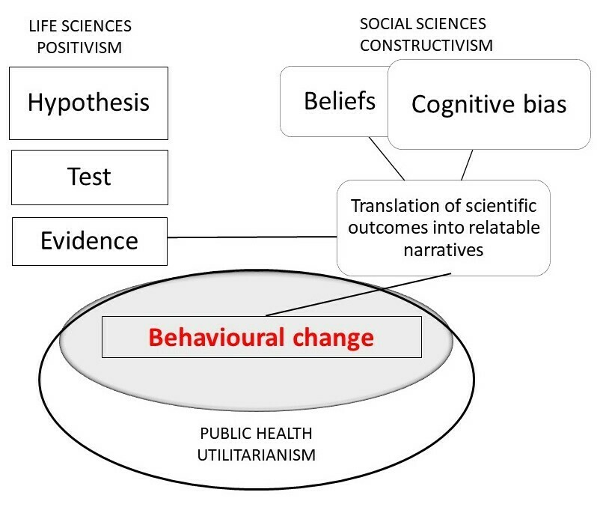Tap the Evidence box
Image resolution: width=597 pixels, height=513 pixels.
(88, 240)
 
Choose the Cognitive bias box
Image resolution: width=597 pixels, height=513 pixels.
(489, 104)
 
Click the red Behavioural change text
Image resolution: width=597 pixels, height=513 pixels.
(260, 337)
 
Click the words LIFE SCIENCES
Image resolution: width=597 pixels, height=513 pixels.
(80, 26)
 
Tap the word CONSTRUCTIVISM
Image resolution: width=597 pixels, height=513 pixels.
(426, 44)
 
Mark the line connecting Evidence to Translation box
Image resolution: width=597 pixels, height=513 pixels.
(254, 238)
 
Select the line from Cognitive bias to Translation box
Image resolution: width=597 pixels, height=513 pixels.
(468, 165)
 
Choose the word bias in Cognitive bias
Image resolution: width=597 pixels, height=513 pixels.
(538, 104)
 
